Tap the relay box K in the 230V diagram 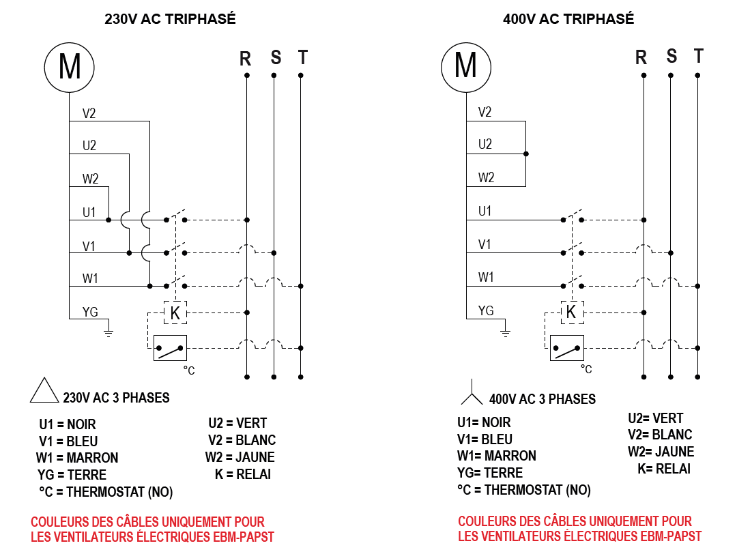click(x=175, y=313)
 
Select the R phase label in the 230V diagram click(x=245, y=59)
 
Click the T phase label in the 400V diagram click(x=699, y=56)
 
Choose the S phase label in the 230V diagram click(x=276, y=57)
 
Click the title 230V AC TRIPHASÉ click(x=170, y=19)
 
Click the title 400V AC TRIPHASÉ click(x=568, y=19)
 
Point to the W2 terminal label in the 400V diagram click(x=486, y=177)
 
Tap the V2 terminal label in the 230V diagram click(x=89, y=113)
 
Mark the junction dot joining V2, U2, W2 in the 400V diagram click(x=526, y=154)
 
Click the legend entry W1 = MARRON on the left click(x=77, y=458)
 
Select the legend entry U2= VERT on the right click(x=656, y=418)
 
